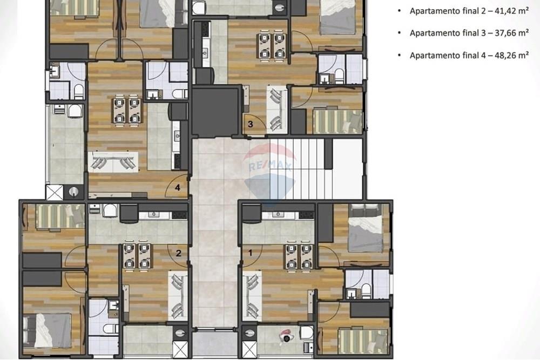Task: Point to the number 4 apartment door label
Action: click(x=178, y=188)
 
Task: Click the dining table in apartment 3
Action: click(x=271, y=46)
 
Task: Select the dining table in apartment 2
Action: click(x=137, y=256)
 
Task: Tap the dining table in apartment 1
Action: click(x=299, y=256)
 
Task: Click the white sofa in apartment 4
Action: click(x=113, y=161)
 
